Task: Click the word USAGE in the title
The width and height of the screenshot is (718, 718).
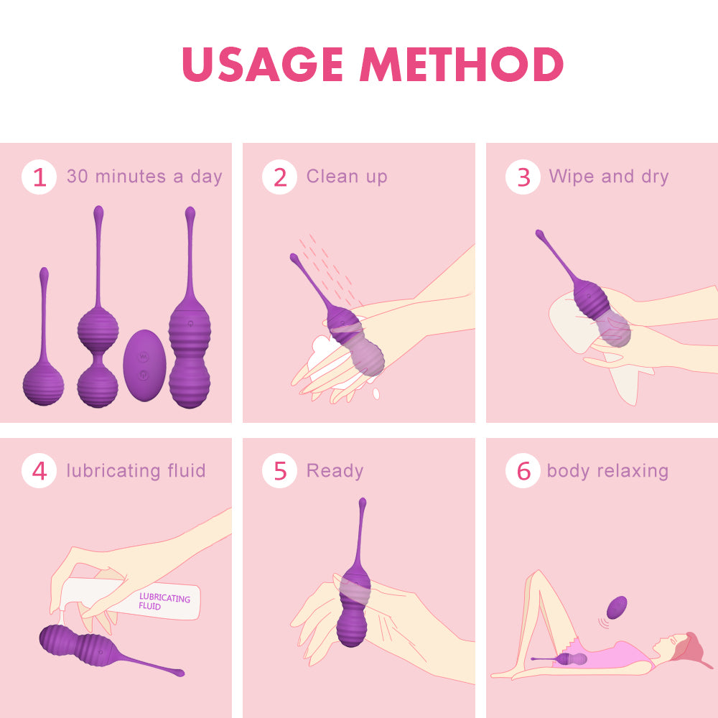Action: pyautogui.click(x=263, y=65)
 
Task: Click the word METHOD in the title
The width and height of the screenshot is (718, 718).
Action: pyautogui.click(x=461, y=65)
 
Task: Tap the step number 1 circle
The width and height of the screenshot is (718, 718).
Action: pyautogui.click(x=39, y=177)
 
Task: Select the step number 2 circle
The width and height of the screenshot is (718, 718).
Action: pyautogui.click(x=279, y=177)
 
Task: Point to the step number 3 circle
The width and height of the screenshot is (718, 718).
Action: pyautogui.click(x=523, y=177)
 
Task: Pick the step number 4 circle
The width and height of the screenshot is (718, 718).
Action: pyautogui.click(x=39, y=472)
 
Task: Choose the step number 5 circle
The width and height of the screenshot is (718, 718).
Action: pyautogui.click(x=279, y=472)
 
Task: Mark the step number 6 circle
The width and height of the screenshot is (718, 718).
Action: pyautogui.click(x=523, y=472)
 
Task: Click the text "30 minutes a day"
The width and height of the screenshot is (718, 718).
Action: pyautogui.click(x=144, y=177)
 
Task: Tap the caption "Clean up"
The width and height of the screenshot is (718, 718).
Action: pyautogui.click(x=347, y=177)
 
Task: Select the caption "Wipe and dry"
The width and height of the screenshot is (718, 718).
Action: pyautogui.click(x=609, y=177)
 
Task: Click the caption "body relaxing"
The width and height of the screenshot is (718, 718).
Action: pyautogui.click(x=607, y=471)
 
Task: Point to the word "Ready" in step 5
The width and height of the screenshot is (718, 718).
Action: pyautogui.click(x=335, y=471)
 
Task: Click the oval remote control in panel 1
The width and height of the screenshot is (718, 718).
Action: pyautogui.click(x=145, y=365)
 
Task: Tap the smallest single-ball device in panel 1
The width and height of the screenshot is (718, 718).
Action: pyautogui.click(x=44, y=381)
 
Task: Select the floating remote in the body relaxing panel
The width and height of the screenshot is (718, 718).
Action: pyautogui.click(x=615, y=608)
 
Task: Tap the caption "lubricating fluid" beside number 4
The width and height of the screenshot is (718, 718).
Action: pyautogui.click(x=136, y=471)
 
